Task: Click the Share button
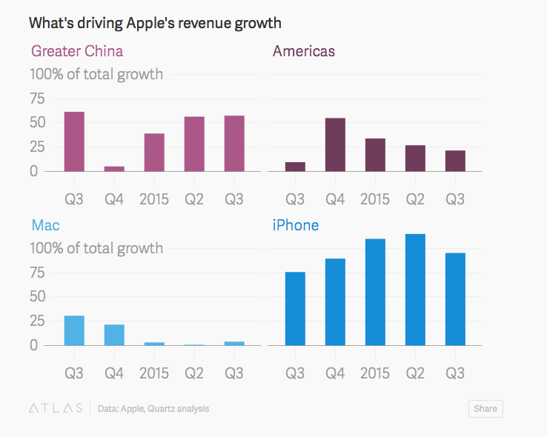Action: point(485,408)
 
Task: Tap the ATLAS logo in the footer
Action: point(56,408)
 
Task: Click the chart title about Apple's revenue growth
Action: point(155,23)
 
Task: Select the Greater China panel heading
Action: point(77,51)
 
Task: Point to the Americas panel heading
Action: point(304,51)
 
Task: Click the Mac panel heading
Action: point(45,225)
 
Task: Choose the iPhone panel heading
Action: point(296,225)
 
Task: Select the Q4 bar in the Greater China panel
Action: point(114,168)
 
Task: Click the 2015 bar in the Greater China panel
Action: point(154,152)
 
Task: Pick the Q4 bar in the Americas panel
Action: point(335,144)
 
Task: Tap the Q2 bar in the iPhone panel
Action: point(415,290)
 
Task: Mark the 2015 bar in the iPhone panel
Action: point(375,292)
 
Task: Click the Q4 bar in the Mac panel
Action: point(114,335)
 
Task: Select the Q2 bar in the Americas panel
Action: point(415,158)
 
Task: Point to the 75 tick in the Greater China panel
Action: point(37,99)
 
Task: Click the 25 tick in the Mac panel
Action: point(37,321)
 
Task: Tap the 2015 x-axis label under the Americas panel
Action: point(375,199)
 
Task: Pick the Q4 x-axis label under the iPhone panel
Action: point(335,373)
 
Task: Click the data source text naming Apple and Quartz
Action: point(153,408)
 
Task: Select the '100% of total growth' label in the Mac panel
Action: point(96,248)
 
